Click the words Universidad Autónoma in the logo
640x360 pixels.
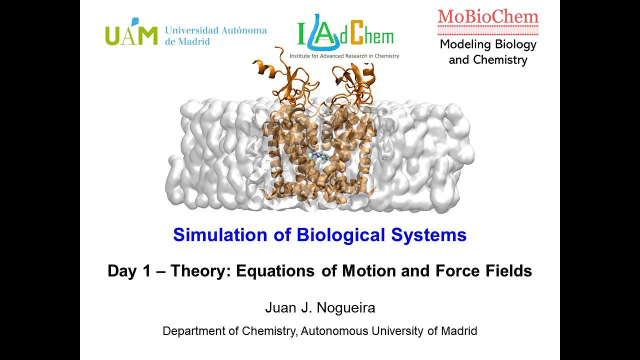[x=215, y=30]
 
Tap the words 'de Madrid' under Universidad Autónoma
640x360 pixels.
[x=187, y=41]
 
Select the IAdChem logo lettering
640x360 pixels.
[x=345, y=35]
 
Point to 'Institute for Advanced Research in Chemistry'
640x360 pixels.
[x=344, y=56]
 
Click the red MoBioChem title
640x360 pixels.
[x=488, y=16]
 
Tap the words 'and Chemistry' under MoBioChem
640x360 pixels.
[x=488, y=60]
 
